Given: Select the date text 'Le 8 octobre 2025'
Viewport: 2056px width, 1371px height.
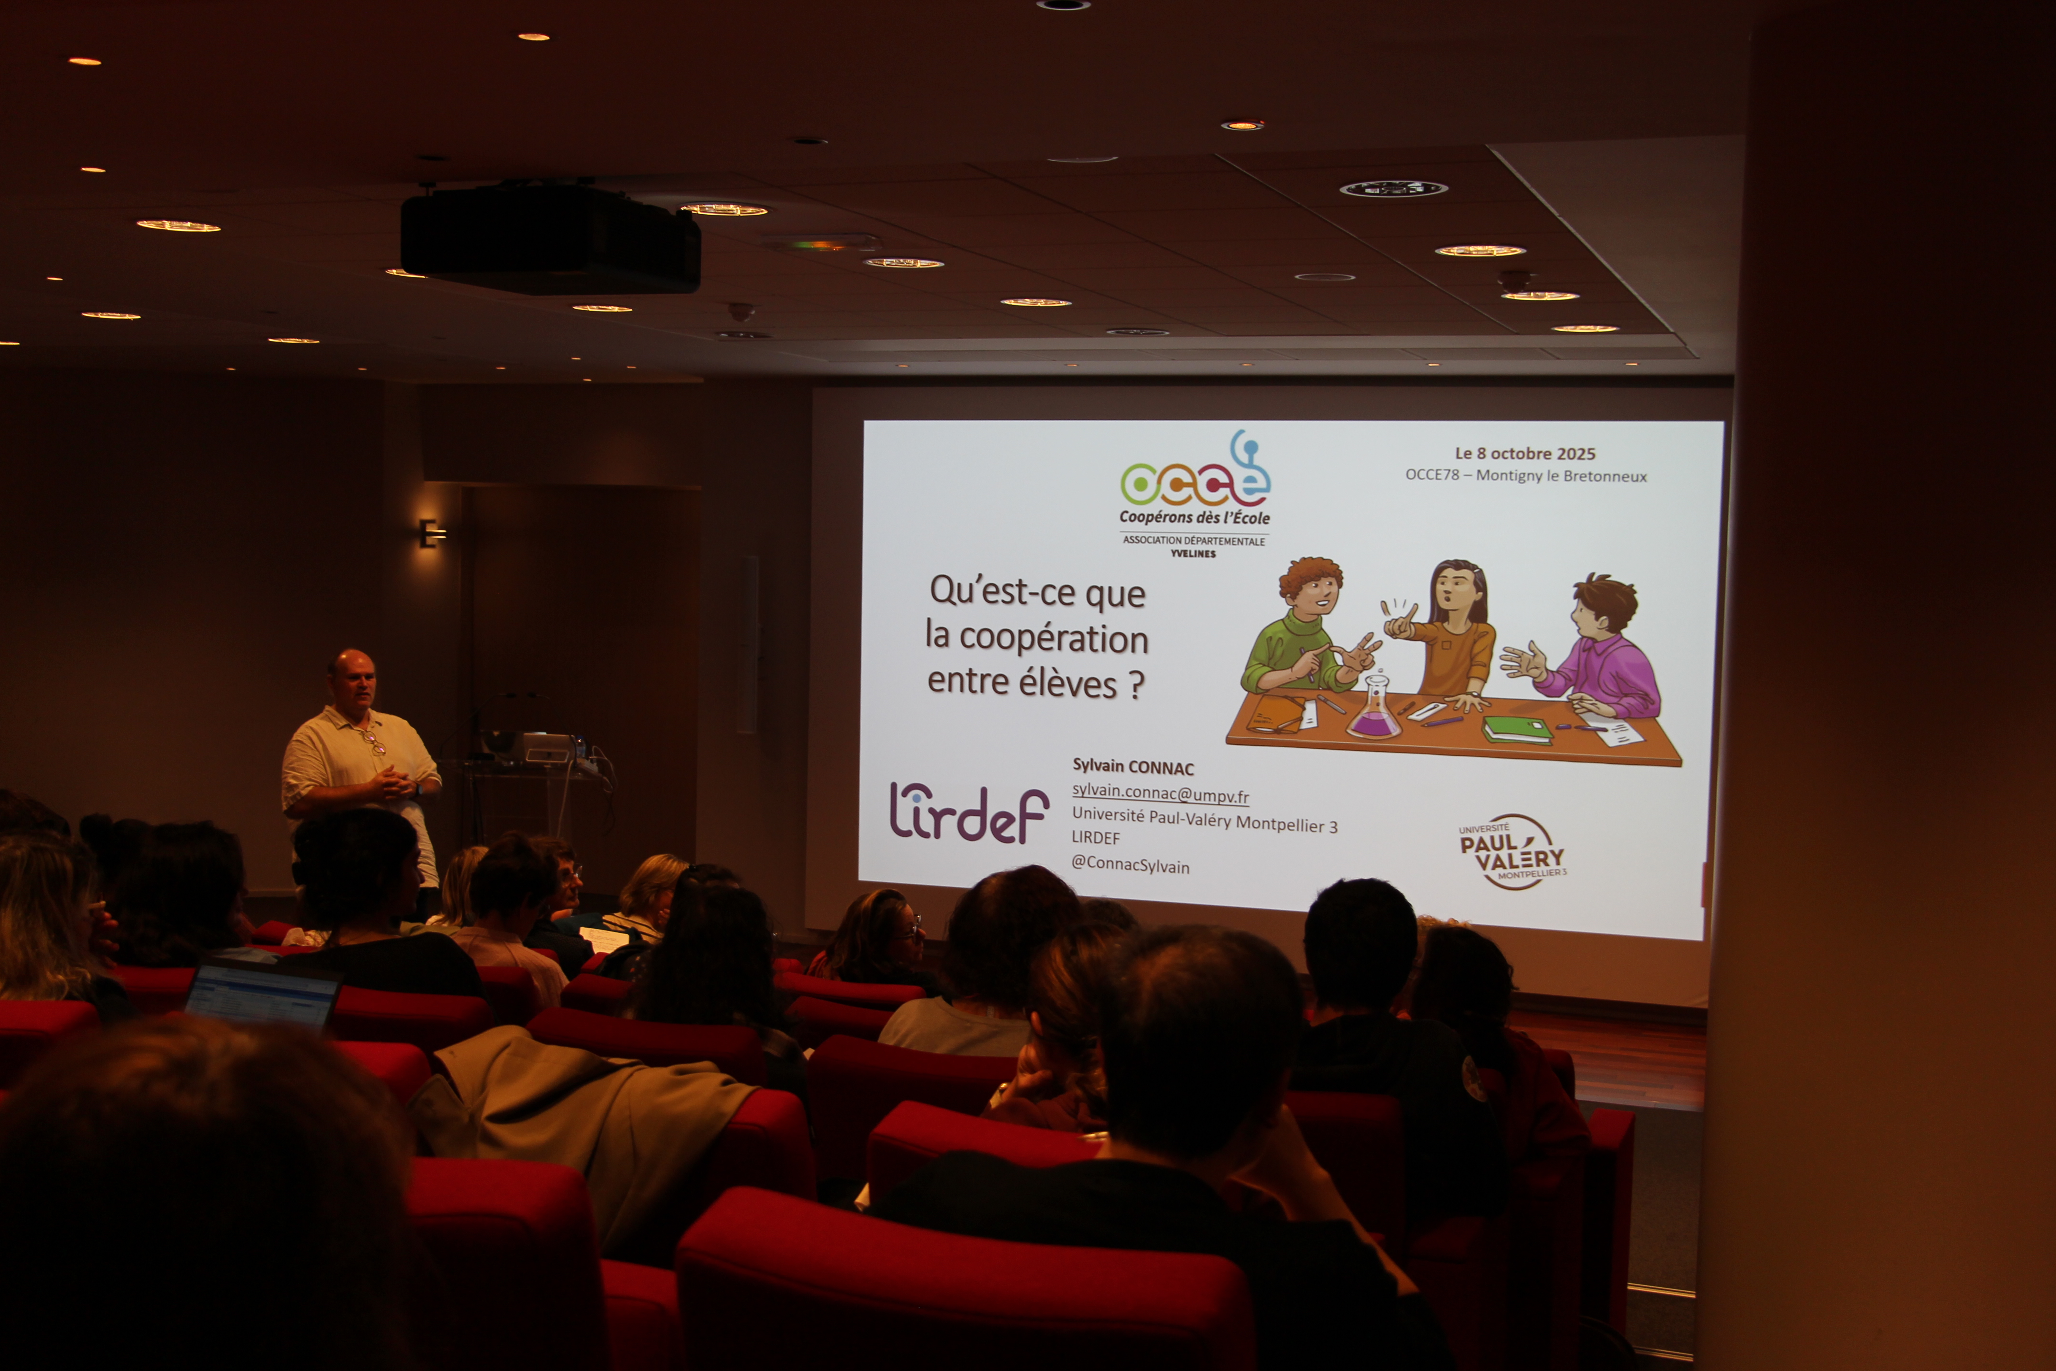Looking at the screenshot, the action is [x=1525, y=453].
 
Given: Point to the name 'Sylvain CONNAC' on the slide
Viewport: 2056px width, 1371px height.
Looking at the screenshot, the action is [x=1133, y=767].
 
